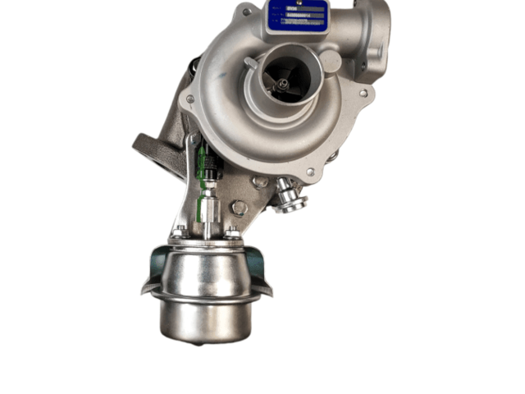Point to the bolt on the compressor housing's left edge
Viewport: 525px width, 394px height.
click(190, 99)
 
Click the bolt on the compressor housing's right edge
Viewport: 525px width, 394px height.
click(363, 93)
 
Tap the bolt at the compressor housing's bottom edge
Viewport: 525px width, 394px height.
click(309, 172)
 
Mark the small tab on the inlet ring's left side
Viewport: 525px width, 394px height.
click(250, 62)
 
